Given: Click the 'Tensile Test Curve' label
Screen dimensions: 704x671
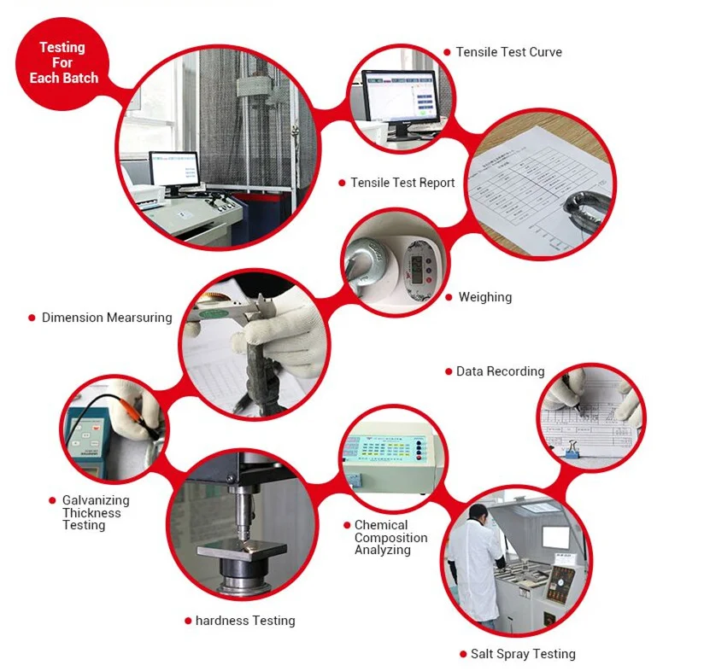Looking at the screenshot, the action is (508, 52).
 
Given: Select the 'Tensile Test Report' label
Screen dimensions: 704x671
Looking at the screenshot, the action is (402, 183).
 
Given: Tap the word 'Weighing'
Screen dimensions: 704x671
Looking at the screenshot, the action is (484, 297).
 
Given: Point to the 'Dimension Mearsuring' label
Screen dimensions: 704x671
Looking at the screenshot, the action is (107, 318).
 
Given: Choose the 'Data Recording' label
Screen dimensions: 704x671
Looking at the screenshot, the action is (500, 371).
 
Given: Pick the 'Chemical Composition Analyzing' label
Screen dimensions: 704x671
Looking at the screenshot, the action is (390, 538).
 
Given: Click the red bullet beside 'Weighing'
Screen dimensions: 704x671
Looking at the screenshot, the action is (449, 298).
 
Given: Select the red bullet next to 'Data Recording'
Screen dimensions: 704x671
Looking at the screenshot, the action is (447, 371).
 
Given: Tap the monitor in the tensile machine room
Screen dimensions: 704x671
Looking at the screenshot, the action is (173, 168).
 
